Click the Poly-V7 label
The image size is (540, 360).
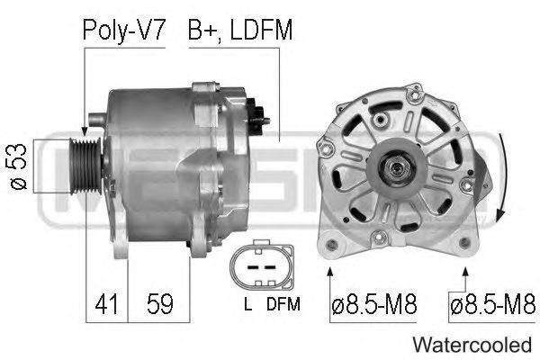(x=124, y=31)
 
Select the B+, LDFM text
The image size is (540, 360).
(x=240, y=30)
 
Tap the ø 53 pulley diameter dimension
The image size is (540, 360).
(x=18, y=166)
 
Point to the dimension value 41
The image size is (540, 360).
(x=106, y=304)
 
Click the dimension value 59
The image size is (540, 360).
(x=160, y=304)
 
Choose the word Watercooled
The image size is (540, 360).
(x=472, y=345)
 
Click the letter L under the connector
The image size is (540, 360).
(x=247, y=303)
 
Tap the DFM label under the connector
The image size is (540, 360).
(x=283, y=303)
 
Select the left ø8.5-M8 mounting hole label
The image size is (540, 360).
(x=374, y=304)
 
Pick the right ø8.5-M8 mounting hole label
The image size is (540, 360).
(x=493, y=304)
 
